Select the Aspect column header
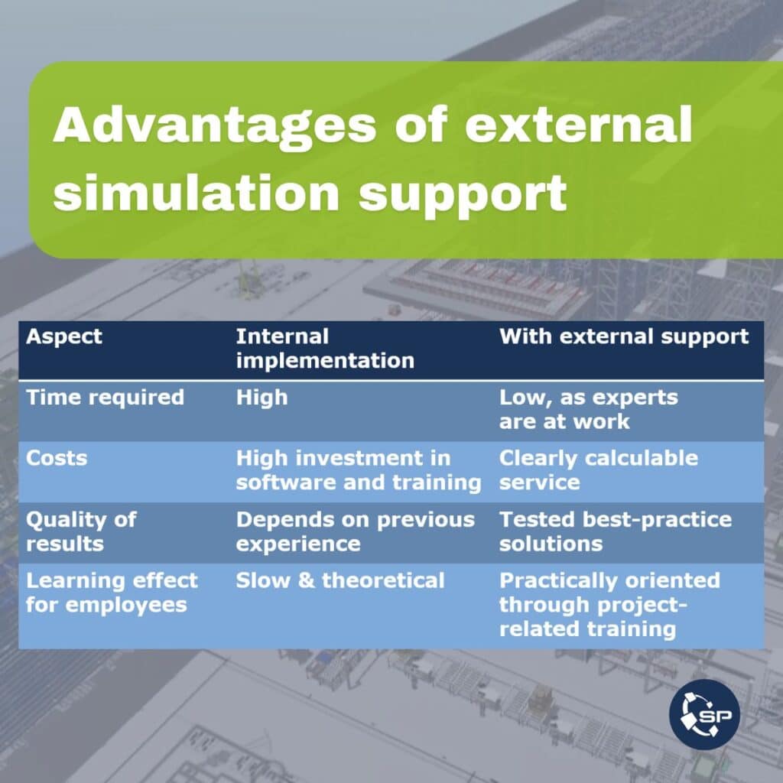pos(64,337)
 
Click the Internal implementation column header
pos(325,348)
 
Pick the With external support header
pos(624,337)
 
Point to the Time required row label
pos(105,398)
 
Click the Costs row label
pos(57,458)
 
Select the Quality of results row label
pos(81,531)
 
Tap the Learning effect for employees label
pos(112,593)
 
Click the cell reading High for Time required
pos(262,398)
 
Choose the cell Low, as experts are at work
pos(589,410)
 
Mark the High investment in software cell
pos(359,470)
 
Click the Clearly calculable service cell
pos(598,470)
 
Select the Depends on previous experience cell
pos(355,531)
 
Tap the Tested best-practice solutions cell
pos(616,531)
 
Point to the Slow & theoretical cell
pos(340,580)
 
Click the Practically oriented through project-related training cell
pos(609,604)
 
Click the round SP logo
pos(704,714)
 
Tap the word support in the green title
pos(463,195)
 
